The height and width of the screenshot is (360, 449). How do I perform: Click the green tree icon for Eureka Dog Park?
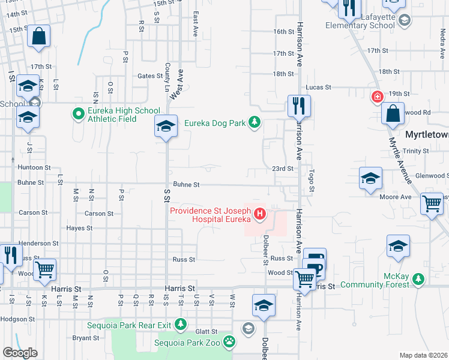255,123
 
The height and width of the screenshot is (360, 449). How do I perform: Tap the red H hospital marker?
259,214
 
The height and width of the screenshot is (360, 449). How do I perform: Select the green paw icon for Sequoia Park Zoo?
229,342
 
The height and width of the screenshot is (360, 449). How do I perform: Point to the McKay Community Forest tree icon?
418,279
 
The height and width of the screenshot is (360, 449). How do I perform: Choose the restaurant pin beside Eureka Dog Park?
299,107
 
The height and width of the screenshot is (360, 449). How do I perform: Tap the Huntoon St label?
34,167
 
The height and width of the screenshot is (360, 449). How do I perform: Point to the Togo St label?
312,178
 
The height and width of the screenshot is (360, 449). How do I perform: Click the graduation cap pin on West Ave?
166,126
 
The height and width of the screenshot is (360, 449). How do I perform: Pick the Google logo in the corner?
20,353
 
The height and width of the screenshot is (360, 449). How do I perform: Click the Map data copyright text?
423,355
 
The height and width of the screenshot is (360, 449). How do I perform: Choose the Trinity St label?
416,151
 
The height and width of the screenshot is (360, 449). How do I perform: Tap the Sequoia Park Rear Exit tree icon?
181,325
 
